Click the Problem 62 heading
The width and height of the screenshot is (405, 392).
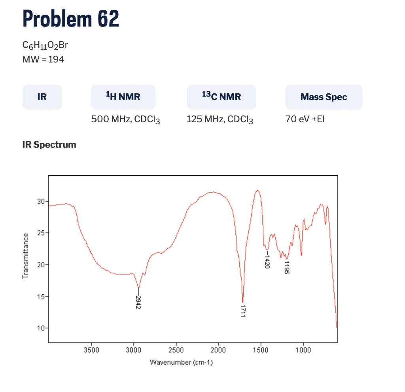point(71,18)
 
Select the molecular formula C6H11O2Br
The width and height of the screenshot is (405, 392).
point(45,45)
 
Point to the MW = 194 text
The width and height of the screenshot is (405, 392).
point(44,59)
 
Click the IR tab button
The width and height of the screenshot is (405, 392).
point(42,97)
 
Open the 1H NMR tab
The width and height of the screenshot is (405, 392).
point(123,97)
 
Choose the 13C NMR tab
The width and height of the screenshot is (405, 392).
point(221,97)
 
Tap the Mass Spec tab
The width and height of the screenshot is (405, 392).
point(324,97)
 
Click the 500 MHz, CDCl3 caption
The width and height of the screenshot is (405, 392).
point(125,119)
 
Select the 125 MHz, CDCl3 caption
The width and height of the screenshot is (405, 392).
point(220,119)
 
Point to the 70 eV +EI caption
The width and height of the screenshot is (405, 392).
point(305,119)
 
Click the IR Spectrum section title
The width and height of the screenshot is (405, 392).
point(49,145)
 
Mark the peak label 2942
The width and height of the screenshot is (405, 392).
point(138,302)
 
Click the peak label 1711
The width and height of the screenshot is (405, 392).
point(243,311)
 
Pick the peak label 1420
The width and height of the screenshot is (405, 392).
point(267,261)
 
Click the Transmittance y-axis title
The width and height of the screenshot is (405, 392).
point(26,256)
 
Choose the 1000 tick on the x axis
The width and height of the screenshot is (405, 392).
point(303,350)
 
